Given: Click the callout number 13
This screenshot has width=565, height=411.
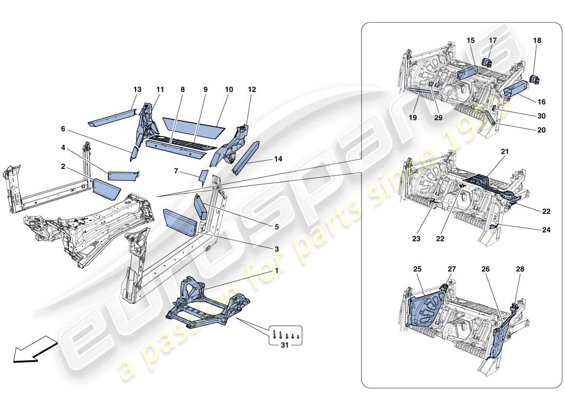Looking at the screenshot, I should (x=137, y=89).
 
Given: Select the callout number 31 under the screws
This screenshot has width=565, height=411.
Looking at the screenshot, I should (x=284, y=346).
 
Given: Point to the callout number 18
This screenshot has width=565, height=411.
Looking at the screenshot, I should (x=537, y=40).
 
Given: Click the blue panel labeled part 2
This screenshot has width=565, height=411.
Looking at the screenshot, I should (x=106, y=189).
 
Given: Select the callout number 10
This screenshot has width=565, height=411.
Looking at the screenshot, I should (x=229, y=89).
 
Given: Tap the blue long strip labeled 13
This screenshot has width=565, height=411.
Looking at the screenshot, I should (x=110, y=117).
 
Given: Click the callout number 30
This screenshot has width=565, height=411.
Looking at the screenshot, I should (x=541, y=116).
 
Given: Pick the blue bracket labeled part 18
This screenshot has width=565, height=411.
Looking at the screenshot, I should (x=534, y=80).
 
